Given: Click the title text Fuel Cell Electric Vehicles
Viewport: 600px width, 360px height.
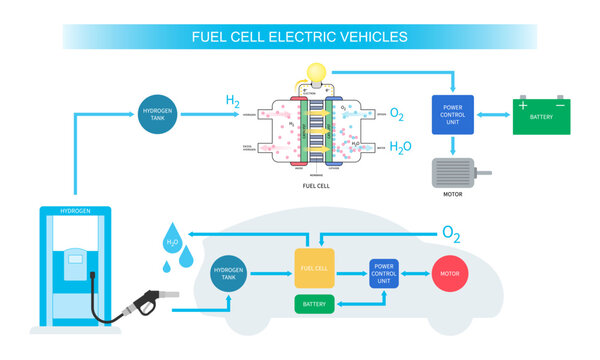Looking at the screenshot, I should tap(299, 37).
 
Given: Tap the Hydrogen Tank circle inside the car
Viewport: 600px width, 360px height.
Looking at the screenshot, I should tap(233, 272).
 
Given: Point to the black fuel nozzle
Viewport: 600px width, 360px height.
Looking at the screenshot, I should tap(140, 299).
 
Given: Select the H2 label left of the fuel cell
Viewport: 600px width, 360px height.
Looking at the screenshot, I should tap(232, 102).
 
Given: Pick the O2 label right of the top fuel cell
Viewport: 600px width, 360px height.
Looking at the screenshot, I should tap(397, 115).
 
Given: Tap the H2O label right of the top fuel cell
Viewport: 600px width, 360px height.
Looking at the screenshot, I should tap(399, 148).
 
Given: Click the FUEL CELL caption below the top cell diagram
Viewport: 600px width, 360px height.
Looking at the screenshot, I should tap(317, 187).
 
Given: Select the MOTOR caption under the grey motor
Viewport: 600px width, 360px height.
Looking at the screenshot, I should tap(452, 195).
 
